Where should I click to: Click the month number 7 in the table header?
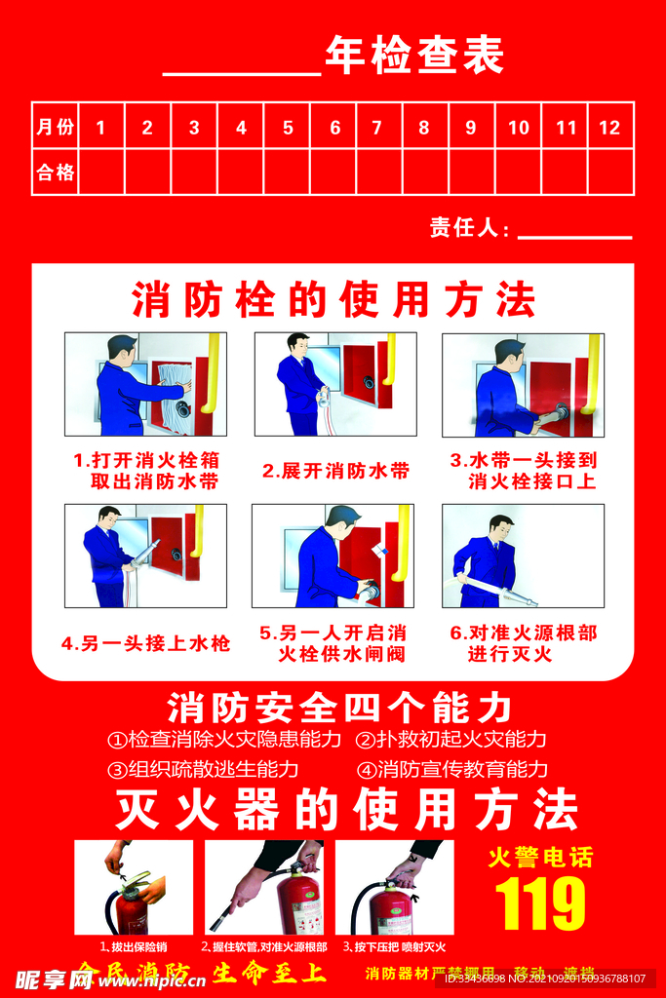click(376, 128)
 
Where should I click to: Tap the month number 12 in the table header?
click(609, 128)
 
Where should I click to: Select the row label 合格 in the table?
click(55, 173)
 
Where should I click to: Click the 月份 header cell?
click(55, 128)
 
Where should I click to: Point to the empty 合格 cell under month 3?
click(194, 173)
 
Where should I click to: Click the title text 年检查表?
click(413, 57)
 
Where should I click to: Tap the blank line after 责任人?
click(574, 230)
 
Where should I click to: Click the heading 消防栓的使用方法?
click(333, 299)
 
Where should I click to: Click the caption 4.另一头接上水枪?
click(145, 643)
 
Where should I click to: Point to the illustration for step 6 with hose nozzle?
click(523, 556)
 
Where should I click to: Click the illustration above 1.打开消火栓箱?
click(145, 384)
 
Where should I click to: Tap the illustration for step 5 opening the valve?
click(333, 556)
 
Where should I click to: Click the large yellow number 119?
click(540, 903)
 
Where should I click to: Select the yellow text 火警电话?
click(540, 858)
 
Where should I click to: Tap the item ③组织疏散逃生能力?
click(203, 769)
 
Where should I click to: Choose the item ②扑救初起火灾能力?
click(450, 739)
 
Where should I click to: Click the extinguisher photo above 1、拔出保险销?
click(134, 887)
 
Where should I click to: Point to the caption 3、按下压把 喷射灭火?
click(394, 946)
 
